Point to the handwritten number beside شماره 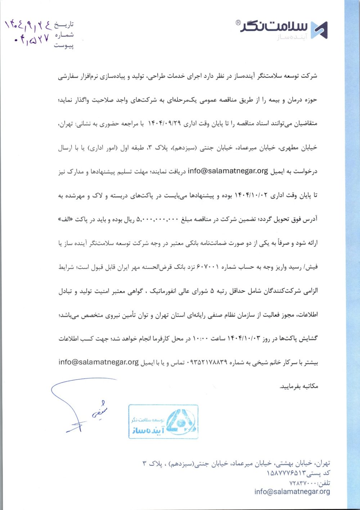tap(32, 39)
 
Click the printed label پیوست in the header tap(64, 45)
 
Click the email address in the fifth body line tap(228, 171)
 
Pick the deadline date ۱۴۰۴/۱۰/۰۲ tap(251, 195)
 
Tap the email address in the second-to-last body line tap(98, 362)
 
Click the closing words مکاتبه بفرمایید tap(299, 386)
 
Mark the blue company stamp tap(163, 421)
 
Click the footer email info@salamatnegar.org tap(292, 492)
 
